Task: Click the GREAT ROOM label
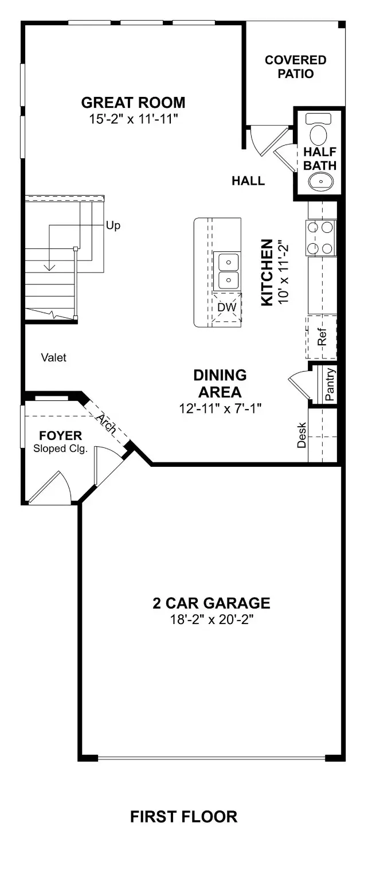point(133,103)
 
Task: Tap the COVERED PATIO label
point(296,67)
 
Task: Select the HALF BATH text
point(319,159)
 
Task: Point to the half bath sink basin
point(319,182)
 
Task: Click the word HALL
point(248,181)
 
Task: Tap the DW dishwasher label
point(227,307)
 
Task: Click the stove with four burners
point(320,238)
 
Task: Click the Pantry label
point(330,384)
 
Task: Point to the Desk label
point(302,435)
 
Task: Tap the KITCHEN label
point(267,273)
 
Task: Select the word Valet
point(54,358)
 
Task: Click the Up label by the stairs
point(113,225)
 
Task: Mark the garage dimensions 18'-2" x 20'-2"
point(211,619)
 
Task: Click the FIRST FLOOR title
point(183,816)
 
